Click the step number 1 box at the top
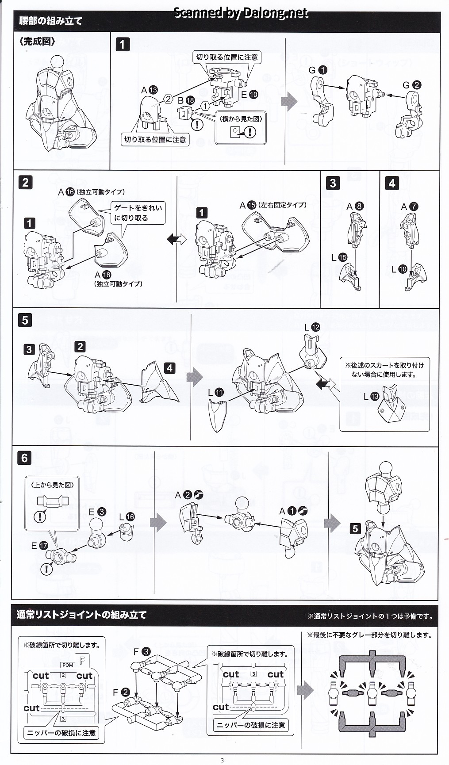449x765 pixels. (123, 44)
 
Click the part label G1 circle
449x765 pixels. (323, 69)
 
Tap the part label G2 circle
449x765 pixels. (416, 85)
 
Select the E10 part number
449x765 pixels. (253, 94)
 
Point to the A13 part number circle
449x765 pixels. (153, 90)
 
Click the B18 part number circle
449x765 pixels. (190, 100)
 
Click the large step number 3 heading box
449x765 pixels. (333, 183)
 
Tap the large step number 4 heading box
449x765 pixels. (392, 183)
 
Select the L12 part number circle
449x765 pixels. (315, 327)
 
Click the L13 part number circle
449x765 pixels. (375, 396)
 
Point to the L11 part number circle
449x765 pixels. (219, 392)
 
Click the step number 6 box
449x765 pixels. (25, 458)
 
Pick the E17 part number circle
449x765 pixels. (43, 546)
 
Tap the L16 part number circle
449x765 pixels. (130, 517)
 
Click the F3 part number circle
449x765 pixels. (146, 651)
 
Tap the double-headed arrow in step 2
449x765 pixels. (177, 239)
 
